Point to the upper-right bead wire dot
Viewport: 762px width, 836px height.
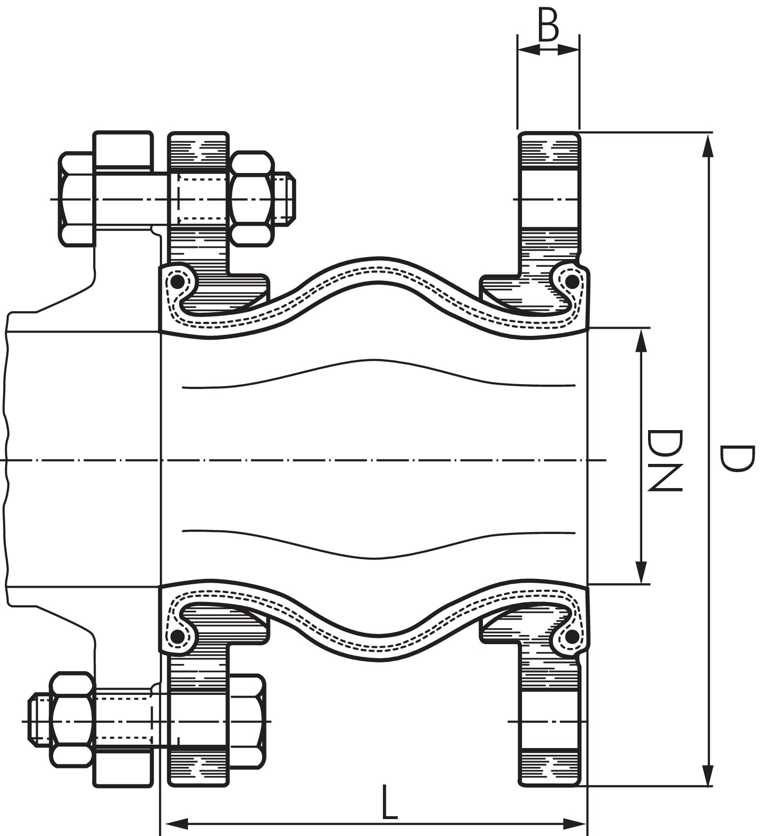pos(572,281)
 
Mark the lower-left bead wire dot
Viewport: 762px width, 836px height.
pos(178,636)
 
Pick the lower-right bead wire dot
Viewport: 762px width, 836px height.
pos(572,636)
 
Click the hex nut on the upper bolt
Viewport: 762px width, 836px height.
pos(252,199)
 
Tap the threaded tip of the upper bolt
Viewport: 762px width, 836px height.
pos(285,199)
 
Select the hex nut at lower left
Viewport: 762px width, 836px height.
pos(72,721)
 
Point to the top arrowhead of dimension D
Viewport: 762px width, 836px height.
pos(707,145)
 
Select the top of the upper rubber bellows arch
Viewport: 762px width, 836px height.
pos(374,263)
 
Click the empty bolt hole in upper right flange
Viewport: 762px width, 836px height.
pos(549,199)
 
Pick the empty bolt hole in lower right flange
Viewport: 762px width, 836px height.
pos(549,721)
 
